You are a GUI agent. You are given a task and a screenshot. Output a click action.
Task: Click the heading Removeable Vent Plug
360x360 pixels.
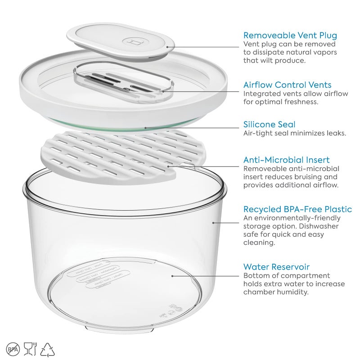[290, 35]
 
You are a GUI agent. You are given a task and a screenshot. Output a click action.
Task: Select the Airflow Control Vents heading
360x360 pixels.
[287, 85]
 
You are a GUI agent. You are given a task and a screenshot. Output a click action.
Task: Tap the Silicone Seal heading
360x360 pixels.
[269, 124]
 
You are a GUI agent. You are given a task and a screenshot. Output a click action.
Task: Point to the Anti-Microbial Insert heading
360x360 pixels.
[286, 160]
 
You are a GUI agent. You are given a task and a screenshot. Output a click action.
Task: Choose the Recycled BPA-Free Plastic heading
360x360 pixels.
[297, 209]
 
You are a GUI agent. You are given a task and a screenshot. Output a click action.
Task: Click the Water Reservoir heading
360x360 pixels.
[276, 267]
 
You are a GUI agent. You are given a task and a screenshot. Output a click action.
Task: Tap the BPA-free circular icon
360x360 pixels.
[13, 349]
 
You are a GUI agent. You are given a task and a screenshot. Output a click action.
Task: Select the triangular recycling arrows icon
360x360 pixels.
[48, 349]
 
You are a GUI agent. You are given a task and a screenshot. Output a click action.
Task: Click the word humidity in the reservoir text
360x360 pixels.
[292, 292]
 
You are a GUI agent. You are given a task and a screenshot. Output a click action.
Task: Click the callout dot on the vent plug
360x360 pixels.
[167, 46]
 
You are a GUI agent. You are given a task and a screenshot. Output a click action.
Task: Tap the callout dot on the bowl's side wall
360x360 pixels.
[213, 222]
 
